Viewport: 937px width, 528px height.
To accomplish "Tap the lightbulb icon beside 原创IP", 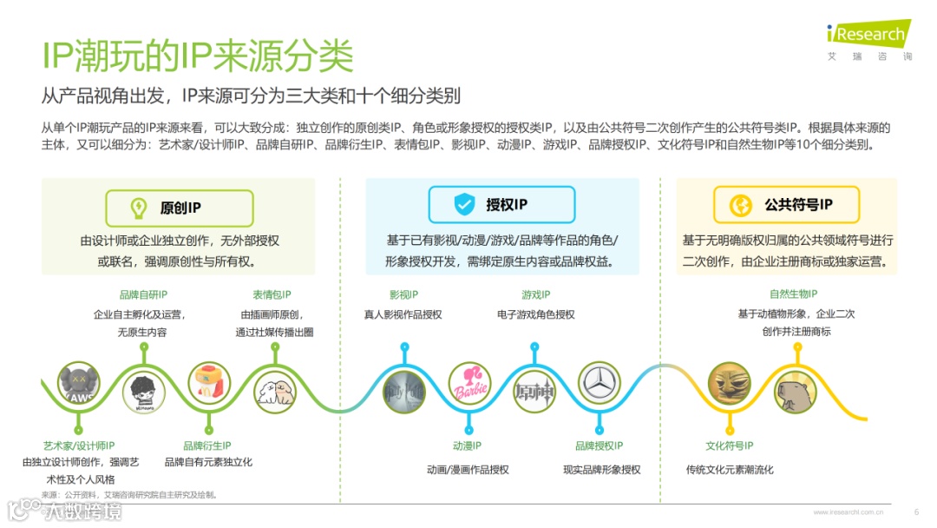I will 138,208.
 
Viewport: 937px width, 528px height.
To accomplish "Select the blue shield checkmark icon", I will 464,205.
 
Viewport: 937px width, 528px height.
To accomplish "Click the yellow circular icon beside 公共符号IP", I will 742,205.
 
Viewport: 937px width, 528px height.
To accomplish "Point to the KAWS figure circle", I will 79,385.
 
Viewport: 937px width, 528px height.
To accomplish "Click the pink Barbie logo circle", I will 469,385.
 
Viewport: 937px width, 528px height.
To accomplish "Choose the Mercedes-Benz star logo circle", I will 600,385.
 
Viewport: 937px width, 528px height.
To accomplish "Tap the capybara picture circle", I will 795,393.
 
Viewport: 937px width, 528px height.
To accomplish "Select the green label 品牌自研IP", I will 143,295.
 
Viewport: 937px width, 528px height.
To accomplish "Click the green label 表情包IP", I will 272,295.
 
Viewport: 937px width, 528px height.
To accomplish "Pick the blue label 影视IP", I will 403,295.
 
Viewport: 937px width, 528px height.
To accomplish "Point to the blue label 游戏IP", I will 535,295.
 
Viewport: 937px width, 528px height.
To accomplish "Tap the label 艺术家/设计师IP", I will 79,445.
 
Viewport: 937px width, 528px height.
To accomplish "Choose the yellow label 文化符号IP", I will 729,445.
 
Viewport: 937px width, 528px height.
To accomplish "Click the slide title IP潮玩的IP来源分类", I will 198,56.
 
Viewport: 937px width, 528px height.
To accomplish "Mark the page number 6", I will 916,511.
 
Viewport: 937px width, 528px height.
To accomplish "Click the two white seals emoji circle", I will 275,389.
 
